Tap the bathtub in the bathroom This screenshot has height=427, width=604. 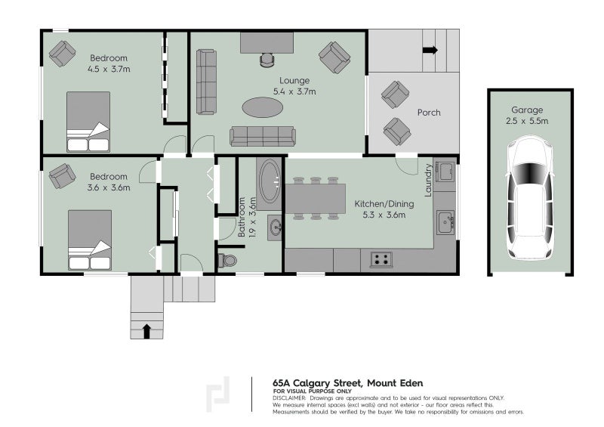click(270, 181)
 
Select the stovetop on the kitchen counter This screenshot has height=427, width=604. click(381, 259)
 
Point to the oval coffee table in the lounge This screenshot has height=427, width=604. click(262, 107)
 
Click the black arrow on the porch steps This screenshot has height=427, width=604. click(430, 50)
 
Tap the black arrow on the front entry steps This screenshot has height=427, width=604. click(146, 331)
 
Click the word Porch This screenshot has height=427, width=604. click(429, 113)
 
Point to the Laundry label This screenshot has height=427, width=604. click(428, 180)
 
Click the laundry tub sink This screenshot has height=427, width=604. click(445, 172)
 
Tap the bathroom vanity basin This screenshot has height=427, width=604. click(276, 227)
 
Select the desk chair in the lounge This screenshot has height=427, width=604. click(267, 60)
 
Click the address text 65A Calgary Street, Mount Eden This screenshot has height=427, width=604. click(348, 383)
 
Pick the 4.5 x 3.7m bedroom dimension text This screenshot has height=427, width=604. click(109, 70)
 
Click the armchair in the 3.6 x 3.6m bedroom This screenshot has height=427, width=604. click(62, 176)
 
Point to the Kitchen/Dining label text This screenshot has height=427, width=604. click(384, 203)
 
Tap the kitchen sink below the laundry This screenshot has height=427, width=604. click(445, 221)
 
